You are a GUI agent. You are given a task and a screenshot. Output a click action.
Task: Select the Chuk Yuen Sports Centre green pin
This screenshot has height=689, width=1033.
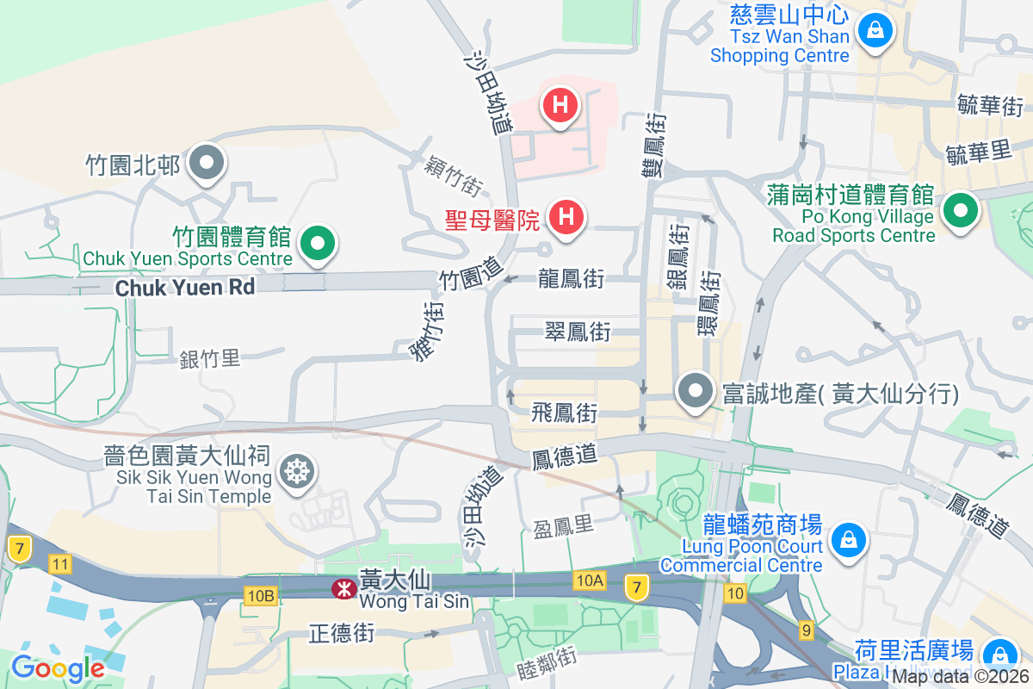(319, 244)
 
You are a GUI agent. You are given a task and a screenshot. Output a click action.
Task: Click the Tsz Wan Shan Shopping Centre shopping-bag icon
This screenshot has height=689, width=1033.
(875, 32)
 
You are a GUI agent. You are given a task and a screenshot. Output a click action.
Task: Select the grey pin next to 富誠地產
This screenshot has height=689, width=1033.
(695, 393)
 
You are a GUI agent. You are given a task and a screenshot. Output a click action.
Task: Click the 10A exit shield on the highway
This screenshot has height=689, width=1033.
(590, 580)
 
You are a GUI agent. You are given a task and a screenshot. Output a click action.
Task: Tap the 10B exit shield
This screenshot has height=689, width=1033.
(260, 595)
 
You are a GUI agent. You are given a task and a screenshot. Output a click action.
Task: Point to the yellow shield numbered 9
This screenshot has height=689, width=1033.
(806, 631)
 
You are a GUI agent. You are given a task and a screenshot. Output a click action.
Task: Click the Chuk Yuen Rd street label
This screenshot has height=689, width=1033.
(185, 288)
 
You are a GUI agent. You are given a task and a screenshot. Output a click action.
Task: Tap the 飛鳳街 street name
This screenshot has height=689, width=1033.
(565, 413)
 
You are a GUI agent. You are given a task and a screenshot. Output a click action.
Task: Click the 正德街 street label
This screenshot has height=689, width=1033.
(342, 635)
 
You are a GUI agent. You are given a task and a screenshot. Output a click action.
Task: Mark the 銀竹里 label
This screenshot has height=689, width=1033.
(210, 358)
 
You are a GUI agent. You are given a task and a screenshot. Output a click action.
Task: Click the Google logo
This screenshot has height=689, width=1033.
(58, 667)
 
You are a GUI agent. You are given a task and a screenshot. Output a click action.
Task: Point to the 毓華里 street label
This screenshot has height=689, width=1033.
(977, 152)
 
